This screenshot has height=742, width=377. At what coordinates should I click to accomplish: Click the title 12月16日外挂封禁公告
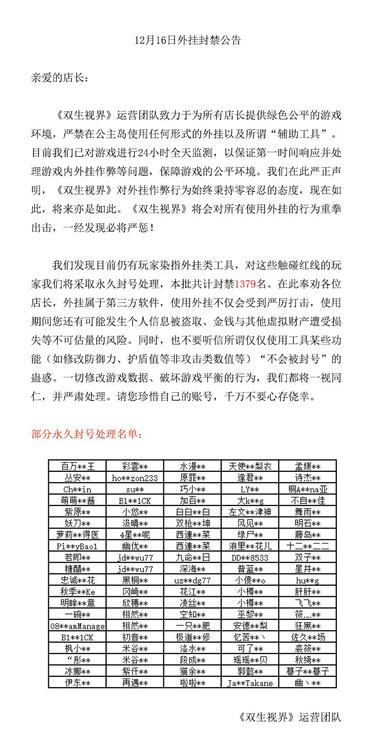tap(188, 40)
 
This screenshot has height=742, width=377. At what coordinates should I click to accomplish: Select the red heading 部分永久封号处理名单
tap(86, 434)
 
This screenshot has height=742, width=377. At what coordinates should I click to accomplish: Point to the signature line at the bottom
tap(290, 717)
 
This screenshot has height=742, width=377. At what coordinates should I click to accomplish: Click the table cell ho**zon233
tap(135, 478)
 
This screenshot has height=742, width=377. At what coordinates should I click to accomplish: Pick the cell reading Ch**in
tap(77, 489)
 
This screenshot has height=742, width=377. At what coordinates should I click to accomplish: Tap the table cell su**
tap(135, 489)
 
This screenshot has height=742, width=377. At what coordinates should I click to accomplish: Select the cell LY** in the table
tap(250, 489)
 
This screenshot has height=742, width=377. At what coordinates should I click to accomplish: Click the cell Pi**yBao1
tap(77, 546)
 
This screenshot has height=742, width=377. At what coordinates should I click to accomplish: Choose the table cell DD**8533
tap(250, 558)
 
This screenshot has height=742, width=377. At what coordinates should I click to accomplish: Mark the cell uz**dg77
tap(193, 580)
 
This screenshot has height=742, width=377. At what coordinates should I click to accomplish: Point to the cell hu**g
tap(308, 580)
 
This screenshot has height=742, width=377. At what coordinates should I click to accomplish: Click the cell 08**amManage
tap(77, 626)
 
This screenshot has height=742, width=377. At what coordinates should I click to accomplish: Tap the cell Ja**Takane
tap(250, 683)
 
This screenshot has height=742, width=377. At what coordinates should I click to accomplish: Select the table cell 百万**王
tap(77, 466)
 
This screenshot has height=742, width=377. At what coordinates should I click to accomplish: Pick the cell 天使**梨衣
tap(250, 466)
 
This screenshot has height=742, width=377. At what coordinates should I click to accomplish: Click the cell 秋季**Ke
tap(77, 592)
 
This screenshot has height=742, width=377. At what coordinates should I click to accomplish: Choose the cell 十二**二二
tap(308, 546)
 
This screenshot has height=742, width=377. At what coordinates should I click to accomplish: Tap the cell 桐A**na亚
tap(308, 489)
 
